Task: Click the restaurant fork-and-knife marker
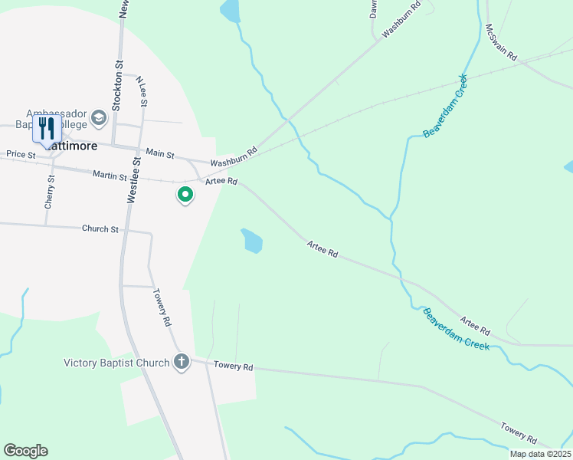[x=47, y=129]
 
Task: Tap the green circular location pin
[x=185, y=195]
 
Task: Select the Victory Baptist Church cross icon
[x=182, y=361]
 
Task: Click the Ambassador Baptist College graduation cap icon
[x=98, y=118]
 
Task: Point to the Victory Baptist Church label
[x=116, y=363]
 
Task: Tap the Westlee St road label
[x=131, y=179]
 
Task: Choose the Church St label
[x=100, y=228]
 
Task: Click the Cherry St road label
[x=49, y=192]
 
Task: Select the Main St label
[x=160, y=153]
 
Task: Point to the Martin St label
[x=109, y=176]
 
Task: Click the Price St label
[x=21, y=154]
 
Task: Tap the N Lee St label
[x=142, y=90]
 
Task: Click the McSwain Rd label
[x=501, y=43]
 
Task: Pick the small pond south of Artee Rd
[x=251, y=241]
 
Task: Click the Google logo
[x=25, y=451]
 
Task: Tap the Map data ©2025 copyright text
[x=540, y=454]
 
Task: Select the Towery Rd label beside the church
[x=233, y=366]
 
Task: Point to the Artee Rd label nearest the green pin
[x=221, y=182]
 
